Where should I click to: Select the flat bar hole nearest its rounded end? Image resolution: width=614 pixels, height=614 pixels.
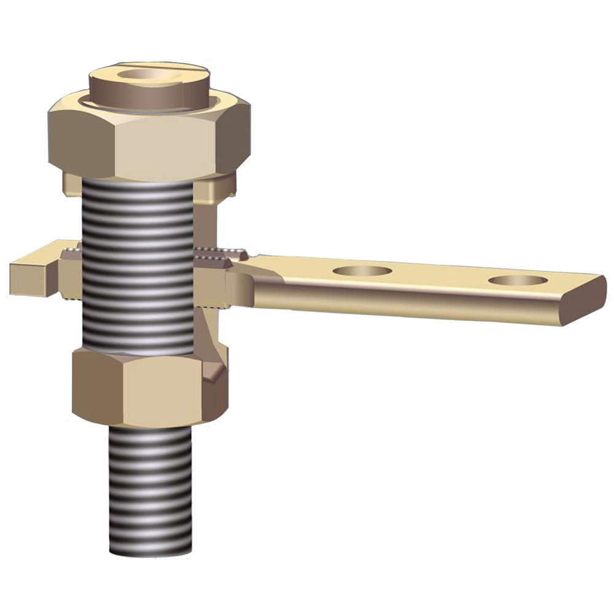[517, 281]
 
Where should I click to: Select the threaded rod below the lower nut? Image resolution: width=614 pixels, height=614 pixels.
[150, 485]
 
